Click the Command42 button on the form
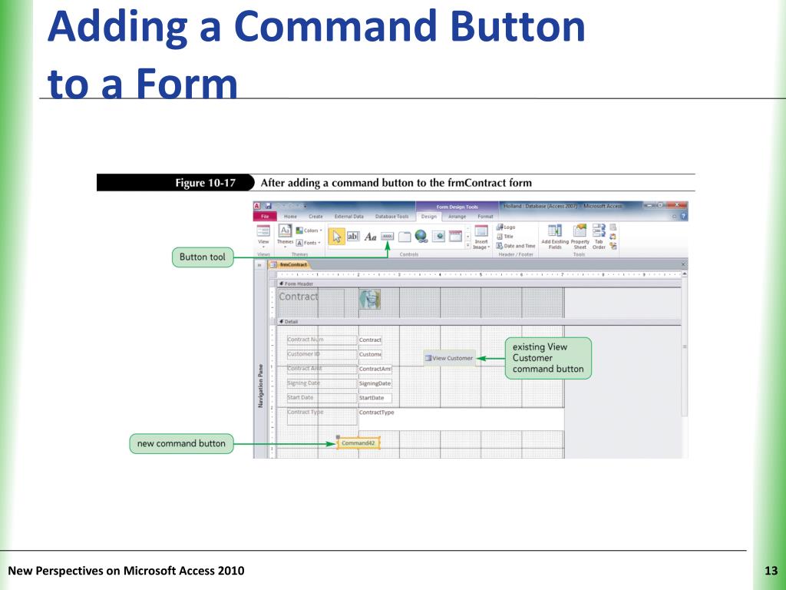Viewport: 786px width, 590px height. (358, 443)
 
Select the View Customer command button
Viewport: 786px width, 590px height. (449, 358)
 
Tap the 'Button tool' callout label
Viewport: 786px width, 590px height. (203, 257)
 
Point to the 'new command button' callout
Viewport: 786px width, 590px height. (181, 443)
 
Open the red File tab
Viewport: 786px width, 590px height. (263, 217)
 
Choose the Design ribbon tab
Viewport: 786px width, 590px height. (428, 217)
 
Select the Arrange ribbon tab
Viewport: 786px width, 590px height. (457, 217)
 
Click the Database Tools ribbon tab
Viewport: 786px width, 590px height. (391, 217)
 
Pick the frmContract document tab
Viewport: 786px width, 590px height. (292, 264)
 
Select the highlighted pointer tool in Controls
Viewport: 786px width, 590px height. (336, 237)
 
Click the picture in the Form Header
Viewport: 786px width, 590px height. (370, 300)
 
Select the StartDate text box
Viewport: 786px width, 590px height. (375, 398)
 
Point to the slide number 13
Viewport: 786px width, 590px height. (771, 570)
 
